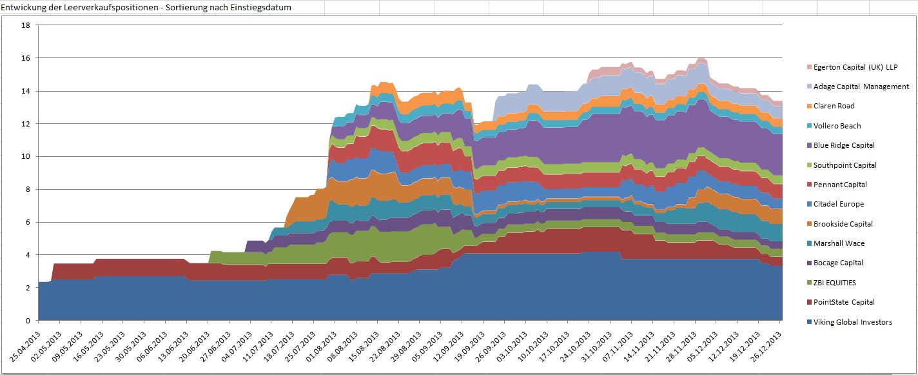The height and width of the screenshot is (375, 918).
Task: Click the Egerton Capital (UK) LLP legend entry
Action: [855, 67]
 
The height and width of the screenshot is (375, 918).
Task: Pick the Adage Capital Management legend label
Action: [861, 86]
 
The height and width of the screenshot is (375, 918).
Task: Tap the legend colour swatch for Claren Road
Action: [808, 106]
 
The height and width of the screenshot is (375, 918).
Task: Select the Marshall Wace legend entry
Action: [839, 243]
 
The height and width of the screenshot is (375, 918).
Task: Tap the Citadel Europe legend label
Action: [839, 204]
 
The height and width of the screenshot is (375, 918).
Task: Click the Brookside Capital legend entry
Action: [843, 224]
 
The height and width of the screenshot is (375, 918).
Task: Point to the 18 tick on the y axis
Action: [26, 25]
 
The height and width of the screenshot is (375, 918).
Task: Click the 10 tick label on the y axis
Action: [26, 156]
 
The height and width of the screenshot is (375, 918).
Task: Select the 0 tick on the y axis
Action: [28, 320]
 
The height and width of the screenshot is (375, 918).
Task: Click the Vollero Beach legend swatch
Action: [808, 126]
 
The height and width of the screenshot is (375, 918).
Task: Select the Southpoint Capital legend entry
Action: [845, 165]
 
